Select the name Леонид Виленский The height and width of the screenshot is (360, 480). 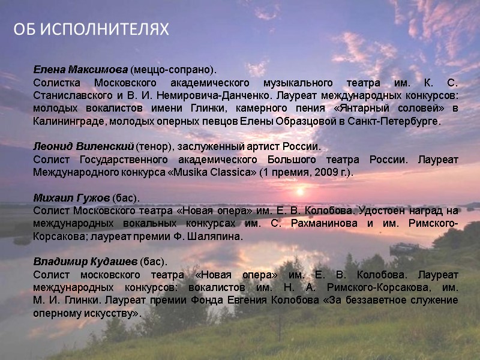83,147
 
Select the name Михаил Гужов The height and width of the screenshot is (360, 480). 71,197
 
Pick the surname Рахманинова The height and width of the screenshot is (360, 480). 298,224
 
